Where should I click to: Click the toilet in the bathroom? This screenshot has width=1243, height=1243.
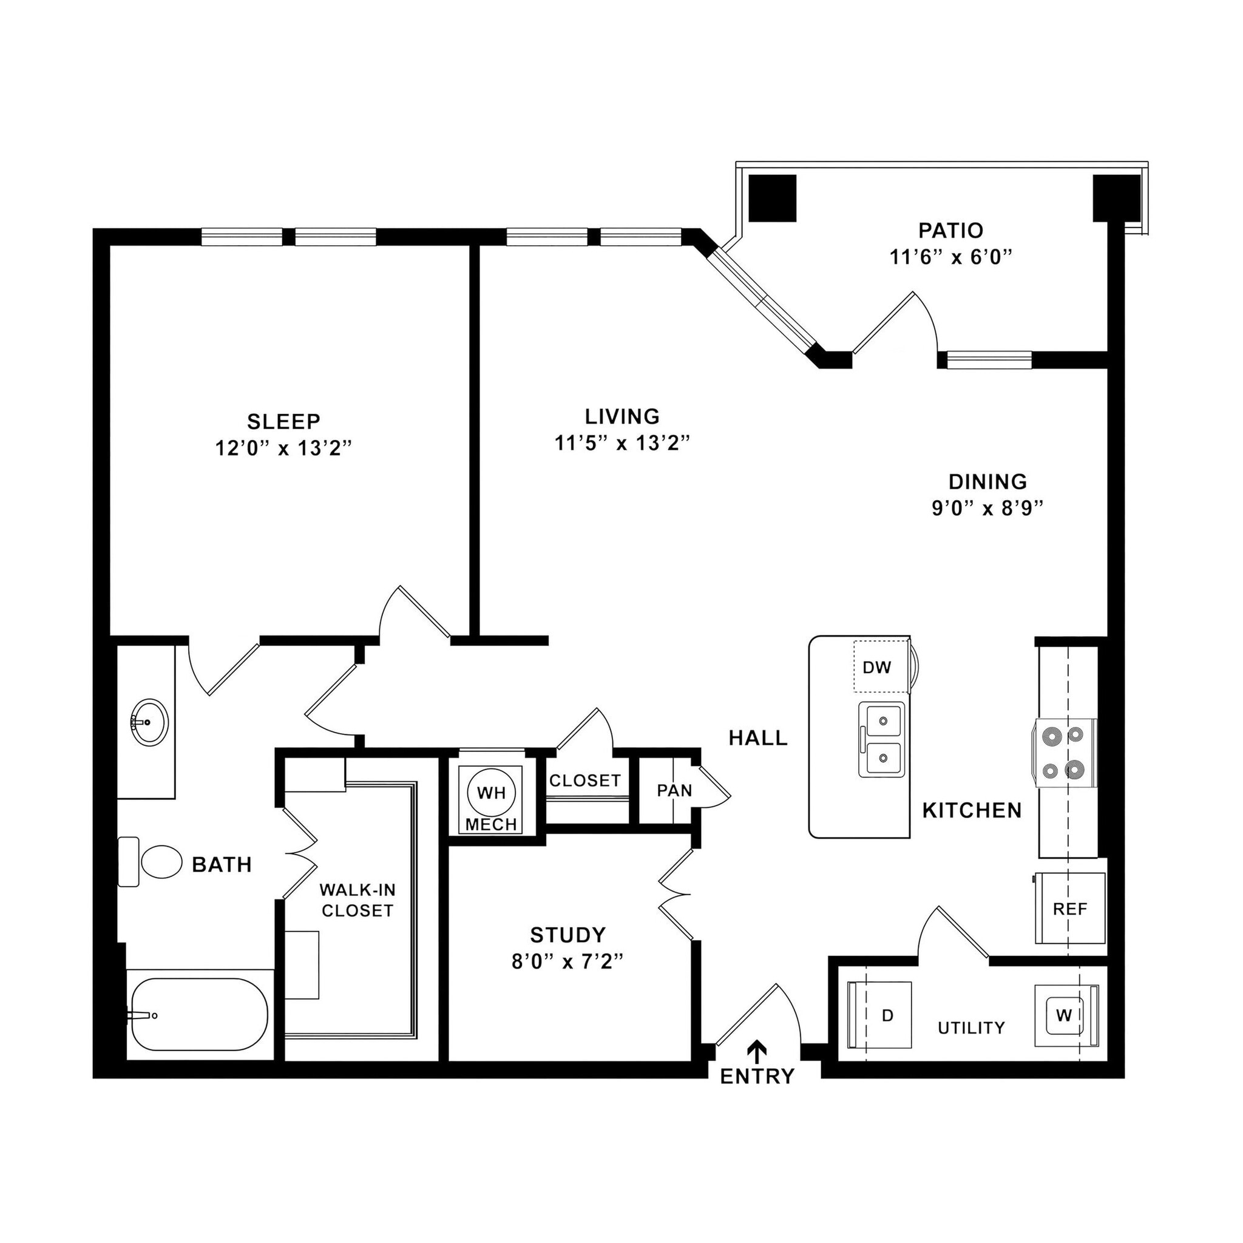coord(154,862)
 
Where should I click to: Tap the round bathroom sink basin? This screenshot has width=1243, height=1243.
coord(149,722)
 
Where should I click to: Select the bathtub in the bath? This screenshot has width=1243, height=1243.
coord(199,1015)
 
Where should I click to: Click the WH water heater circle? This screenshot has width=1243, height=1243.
coord(492,793)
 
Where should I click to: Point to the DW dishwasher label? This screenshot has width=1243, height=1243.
coord(877,667)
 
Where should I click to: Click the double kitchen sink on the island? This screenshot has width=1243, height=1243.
coord(881,739)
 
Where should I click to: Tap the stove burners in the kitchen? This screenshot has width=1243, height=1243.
coord(1065,752)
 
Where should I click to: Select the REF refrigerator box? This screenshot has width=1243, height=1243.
coord(1070,909)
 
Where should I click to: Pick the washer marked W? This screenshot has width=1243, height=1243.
coord(1063,1015)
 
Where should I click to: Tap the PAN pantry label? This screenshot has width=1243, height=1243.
coord(674,790)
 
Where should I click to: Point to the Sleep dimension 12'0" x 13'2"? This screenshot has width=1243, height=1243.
coord(283,448)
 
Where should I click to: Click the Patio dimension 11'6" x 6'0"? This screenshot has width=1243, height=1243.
coord(950,257)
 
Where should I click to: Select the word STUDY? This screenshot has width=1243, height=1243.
coord(567,934)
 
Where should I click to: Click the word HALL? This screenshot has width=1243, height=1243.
coord(758,738)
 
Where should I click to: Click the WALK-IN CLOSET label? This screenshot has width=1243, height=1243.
coord(357,900)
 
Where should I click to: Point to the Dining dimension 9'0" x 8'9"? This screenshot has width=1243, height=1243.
coord(987,508)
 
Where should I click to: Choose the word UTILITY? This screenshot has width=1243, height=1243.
coord(971,1028)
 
